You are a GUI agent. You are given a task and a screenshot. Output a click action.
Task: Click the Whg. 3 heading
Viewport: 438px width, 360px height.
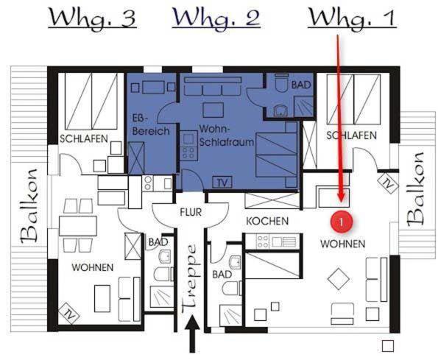click(93, 18)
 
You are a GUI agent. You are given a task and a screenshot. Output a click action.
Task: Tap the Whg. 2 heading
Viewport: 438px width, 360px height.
click(216, 18)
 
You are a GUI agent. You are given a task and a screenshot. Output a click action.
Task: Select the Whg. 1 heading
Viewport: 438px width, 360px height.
click(352, 18)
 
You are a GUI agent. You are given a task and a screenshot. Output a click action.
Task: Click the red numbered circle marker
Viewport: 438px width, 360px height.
click(341, 222)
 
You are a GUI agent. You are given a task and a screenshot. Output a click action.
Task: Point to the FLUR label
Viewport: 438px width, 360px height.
click(191, 212)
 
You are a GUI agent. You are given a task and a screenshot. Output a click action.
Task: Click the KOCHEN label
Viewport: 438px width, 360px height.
click(267, 221)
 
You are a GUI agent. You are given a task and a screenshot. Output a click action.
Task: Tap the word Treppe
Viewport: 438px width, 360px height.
click(191, 280)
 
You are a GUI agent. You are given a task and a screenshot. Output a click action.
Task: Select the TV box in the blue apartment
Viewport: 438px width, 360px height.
click(222, 183)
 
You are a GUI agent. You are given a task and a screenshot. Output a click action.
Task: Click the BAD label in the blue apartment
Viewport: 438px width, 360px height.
click(301, 85)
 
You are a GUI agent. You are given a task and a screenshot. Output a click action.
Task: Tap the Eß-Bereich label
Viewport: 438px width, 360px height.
click(151, 125)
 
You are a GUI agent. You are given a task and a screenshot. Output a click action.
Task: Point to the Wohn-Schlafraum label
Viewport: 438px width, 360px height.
click(227, 135)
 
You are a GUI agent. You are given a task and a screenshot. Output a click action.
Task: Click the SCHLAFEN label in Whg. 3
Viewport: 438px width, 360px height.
click(84, 139)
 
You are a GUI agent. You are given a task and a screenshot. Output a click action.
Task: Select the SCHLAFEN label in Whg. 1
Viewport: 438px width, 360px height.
click(351, 135)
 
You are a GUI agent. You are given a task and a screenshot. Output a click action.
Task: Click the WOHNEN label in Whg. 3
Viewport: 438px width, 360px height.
click(93, 267)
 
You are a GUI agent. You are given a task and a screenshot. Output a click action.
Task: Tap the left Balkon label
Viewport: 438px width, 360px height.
click(29, 205)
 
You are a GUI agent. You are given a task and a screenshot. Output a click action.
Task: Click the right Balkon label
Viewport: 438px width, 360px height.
click(415, 189)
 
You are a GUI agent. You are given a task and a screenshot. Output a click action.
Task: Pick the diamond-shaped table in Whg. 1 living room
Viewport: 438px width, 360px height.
click(339, 279)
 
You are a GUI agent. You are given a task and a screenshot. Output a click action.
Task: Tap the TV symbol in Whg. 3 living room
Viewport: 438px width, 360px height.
click(68, 314)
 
